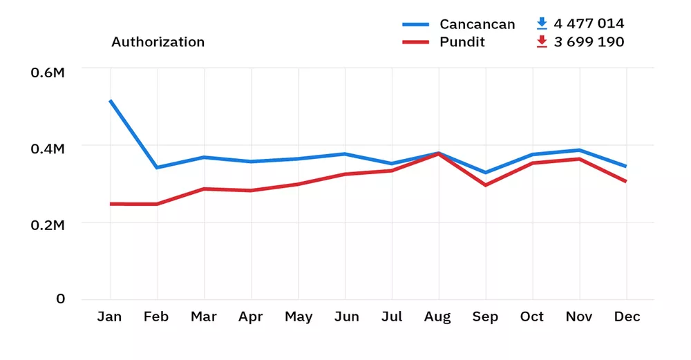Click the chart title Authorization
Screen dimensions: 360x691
pos(158,42)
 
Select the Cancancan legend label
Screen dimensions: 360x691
pos(477,24)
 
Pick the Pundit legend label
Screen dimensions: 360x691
pos(462,42)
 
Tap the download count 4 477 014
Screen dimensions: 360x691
pos(589,24)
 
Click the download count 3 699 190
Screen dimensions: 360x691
pos(589,42)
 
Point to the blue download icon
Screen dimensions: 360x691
pos(542,24)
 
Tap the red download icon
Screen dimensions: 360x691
pos(542,42)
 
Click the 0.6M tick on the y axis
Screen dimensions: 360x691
pos(48,71)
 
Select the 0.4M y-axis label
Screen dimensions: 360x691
pos(48,149)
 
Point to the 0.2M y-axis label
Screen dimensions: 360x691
pos(48,225)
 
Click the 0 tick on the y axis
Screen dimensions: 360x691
pos(61,299)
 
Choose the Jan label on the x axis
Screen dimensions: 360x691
pos(109,317)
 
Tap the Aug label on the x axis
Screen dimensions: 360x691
pos(438,317)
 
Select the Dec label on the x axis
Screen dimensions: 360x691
pos(627,317)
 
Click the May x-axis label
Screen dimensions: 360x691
pos(299,317)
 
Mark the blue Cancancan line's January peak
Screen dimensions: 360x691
pos(110,101)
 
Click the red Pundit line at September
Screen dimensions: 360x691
pos(485,185)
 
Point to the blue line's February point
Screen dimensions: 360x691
pos(157,167)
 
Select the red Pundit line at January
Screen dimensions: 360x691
pos(110,204)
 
